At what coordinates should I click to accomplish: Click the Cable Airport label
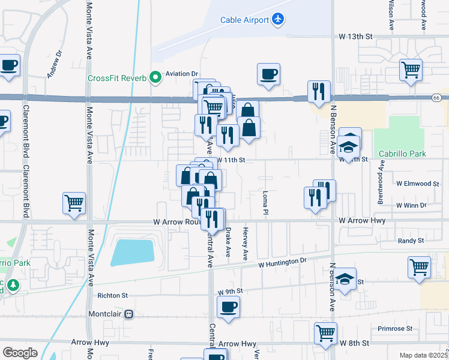click(245, 20)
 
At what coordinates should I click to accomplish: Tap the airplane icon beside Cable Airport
click(277, 20)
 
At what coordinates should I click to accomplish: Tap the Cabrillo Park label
click(402, 154)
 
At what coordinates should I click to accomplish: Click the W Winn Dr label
click(411, 205)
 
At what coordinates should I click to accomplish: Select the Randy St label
click(411, 241)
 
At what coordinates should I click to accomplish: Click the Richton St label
click(112, 295)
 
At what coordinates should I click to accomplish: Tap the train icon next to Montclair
click(128, 314)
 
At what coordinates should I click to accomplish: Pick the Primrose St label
click(395, 329)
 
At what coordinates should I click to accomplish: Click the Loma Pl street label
click(265, 203)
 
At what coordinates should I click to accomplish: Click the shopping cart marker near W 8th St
click(325, 333)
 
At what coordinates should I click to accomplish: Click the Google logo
click(20, 353)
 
